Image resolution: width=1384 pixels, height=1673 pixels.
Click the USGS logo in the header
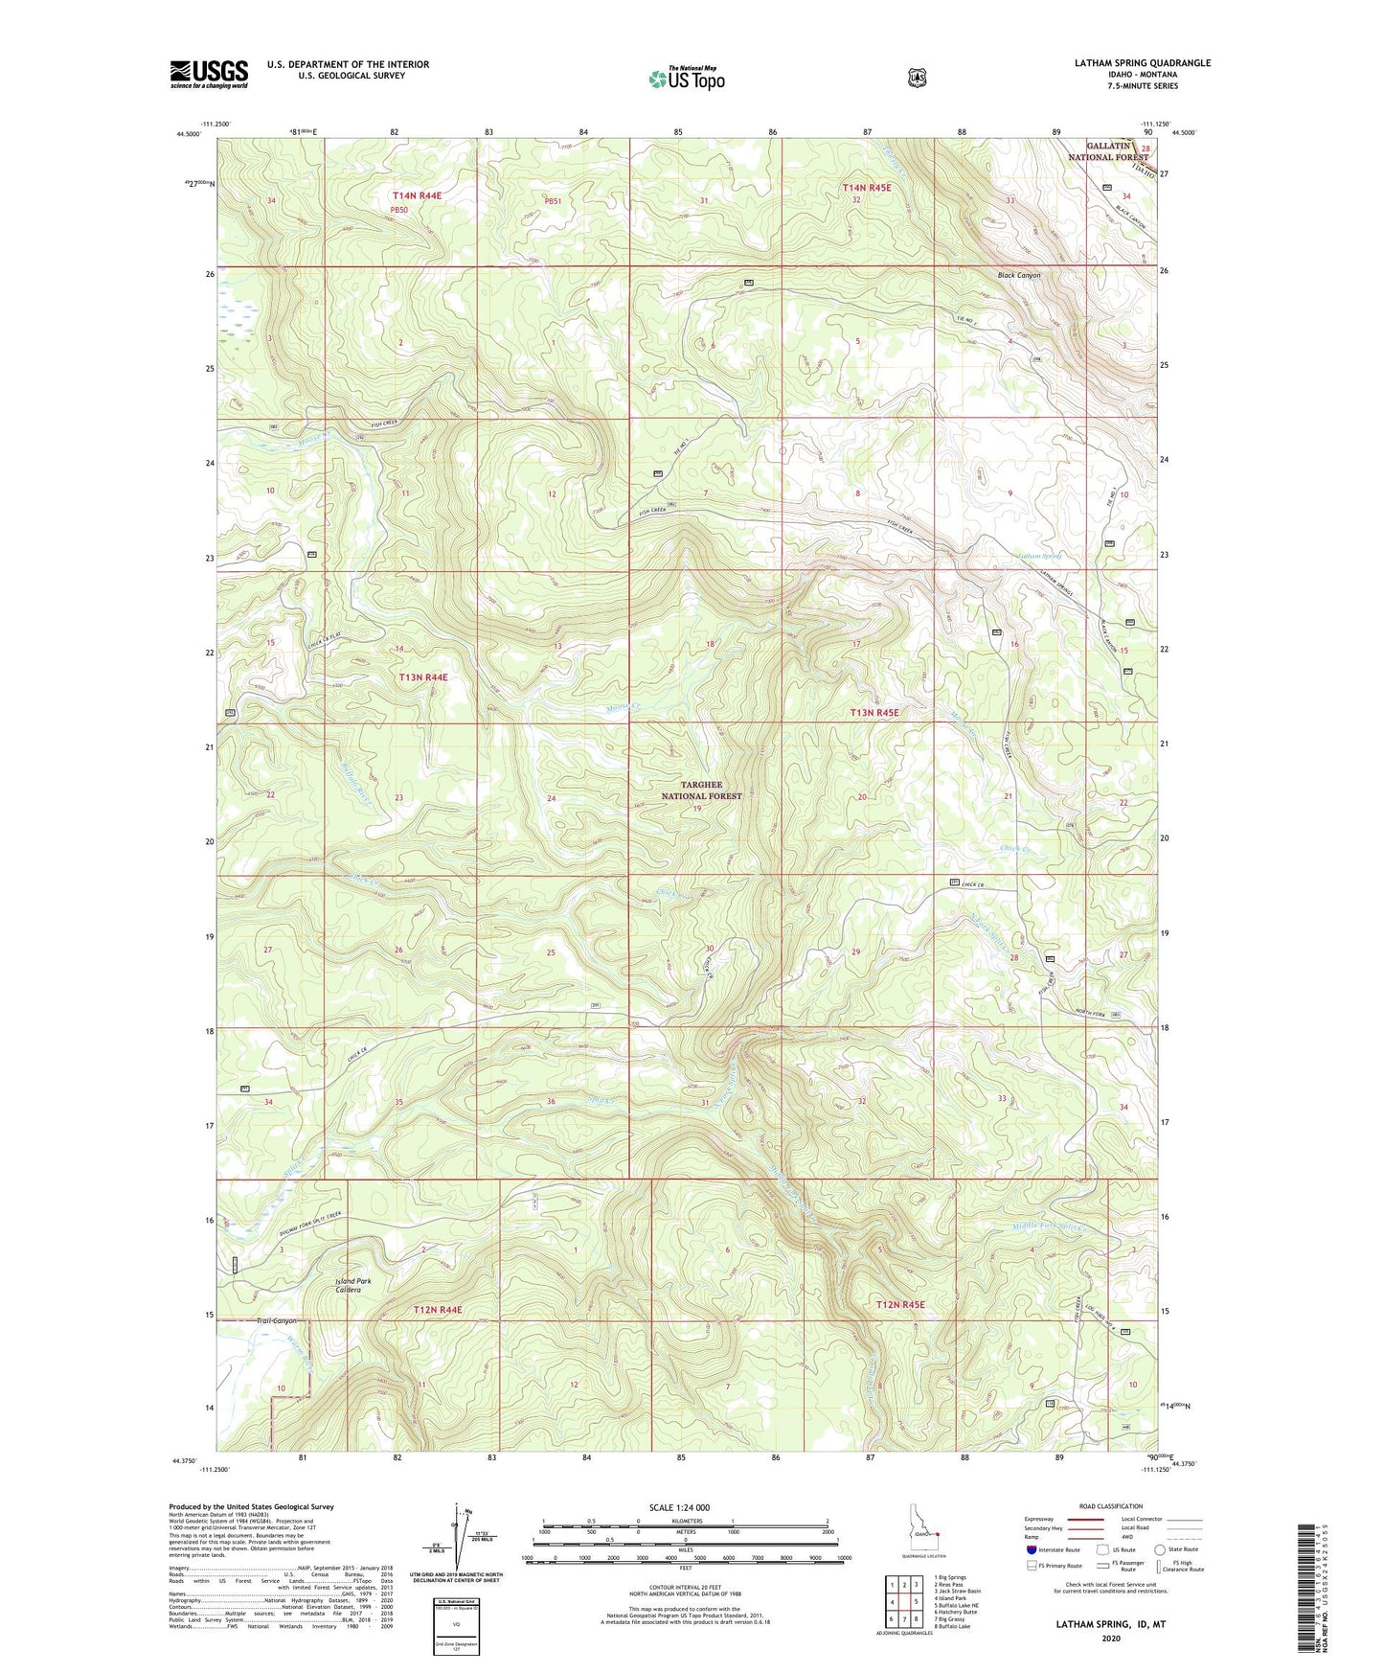[209, 74]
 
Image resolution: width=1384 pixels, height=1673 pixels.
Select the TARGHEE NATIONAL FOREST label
[702, 791]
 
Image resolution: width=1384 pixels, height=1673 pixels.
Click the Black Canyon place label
[1018, 275]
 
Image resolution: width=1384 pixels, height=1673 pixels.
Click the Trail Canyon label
[277, 1320]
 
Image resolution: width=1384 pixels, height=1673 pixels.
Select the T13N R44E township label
[422, 677]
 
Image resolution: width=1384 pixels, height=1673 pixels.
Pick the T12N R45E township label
[900, 1304]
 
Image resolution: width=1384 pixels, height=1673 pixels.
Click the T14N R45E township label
[866, 188]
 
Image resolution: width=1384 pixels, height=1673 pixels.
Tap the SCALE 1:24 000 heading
[679, 1507]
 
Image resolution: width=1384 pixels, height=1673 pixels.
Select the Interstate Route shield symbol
[1030, 1549]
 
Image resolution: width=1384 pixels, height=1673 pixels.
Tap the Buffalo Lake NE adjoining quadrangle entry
[957, 1606]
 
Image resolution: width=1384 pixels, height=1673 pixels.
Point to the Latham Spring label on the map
[1039, 556]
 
